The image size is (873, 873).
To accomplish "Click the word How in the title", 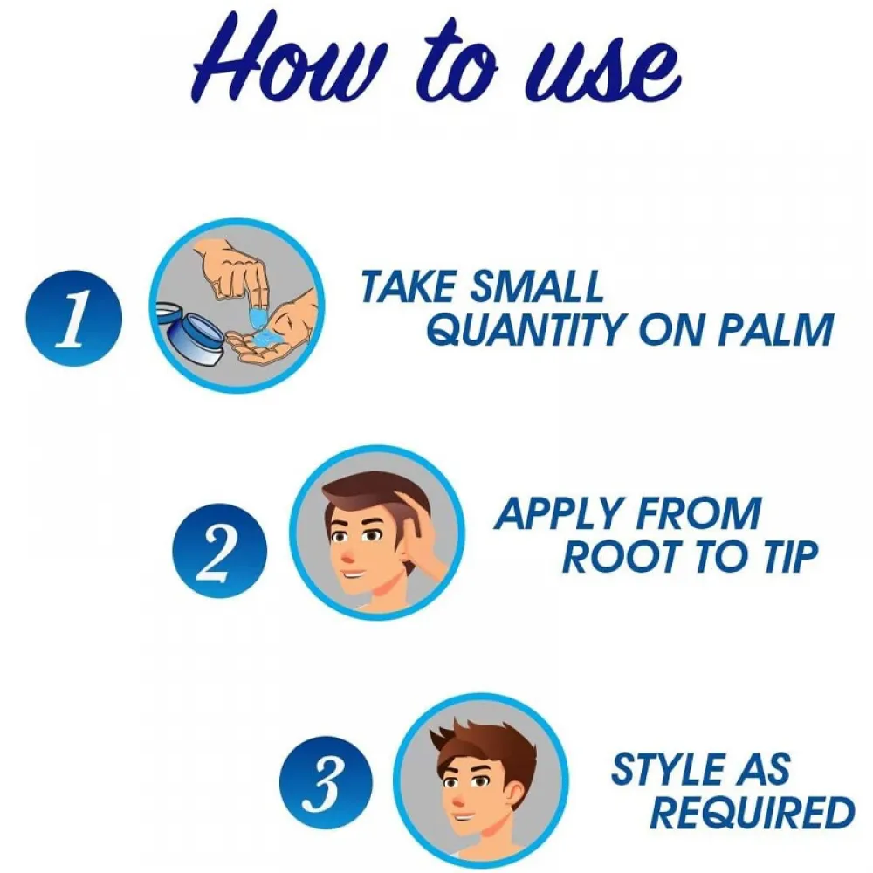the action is pos(286,60).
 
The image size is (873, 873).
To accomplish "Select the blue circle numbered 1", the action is pos(73,318).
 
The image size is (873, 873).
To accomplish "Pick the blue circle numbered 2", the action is pos(219,551).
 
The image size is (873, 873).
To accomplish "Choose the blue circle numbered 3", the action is pos(327,783).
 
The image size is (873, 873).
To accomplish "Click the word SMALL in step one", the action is pos(536,285).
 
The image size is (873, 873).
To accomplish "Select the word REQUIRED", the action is pos(753,812).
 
